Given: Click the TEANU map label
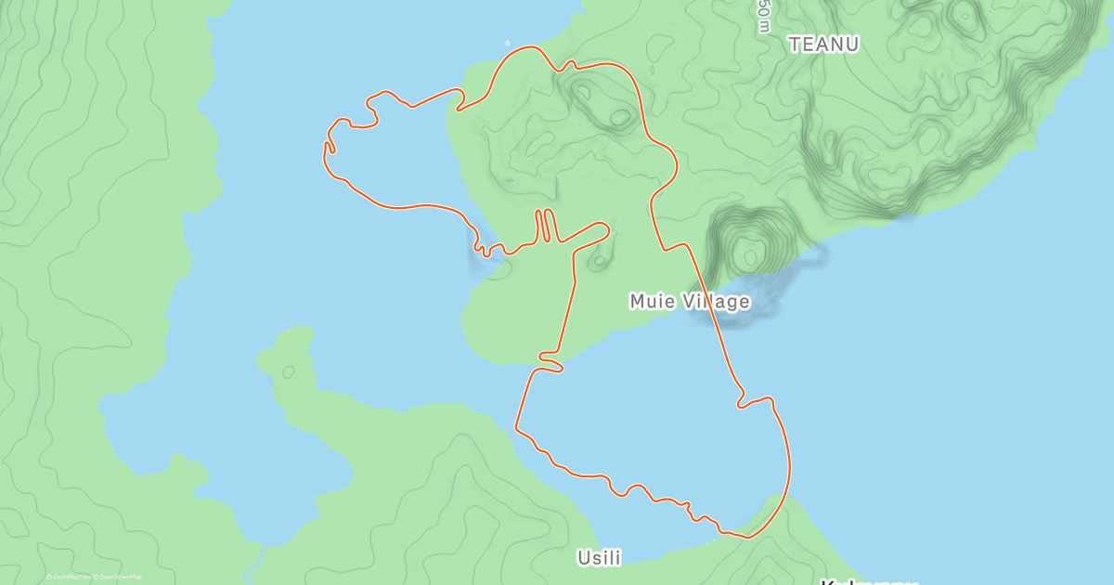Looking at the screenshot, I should pos(823,44).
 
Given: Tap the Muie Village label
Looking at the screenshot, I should pos(690,301).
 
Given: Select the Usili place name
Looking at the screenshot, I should pos(599,557).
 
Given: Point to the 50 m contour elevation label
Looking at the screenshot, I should pos(763,13).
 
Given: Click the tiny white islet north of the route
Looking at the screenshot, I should pos(507,43).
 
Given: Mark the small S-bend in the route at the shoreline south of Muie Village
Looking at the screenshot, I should pos(551,363).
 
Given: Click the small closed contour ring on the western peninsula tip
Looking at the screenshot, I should pos(288,371).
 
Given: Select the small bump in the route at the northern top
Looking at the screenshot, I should pos(569,65).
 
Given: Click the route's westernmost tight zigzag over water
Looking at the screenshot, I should pos(329,149).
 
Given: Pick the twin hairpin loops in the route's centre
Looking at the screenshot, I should pos(545,225).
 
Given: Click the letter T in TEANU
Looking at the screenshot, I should pos(795,44).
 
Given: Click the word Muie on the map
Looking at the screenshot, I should pos(650,301).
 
